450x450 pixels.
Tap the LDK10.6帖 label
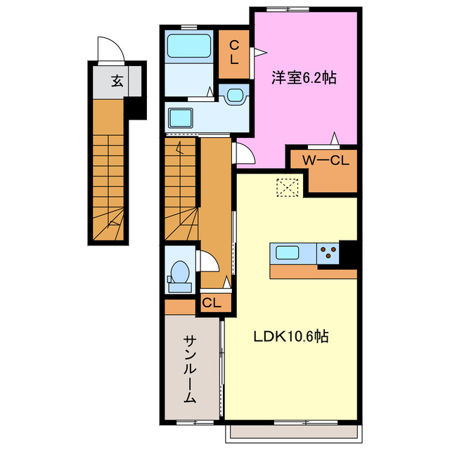click(x=291, y=337)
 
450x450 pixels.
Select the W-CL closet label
click(x=326, y=160)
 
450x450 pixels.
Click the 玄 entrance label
click(x=117, y=82)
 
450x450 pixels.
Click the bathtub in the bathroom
click(x=190, y=46)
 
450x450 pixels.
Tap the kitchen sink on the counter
click(x=291, y=252)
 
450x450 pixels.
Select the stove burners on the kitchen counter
click(x=327, y=252)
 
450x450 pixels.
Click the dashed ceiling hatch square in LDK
click(x=288, y=188)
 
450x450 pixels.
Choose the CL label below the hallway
click(x=212, y=303)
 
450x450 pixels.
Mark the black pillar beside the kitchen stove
click(x=348, y=252)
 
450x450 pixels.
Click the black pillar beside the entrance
click(x=135, y=108)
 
